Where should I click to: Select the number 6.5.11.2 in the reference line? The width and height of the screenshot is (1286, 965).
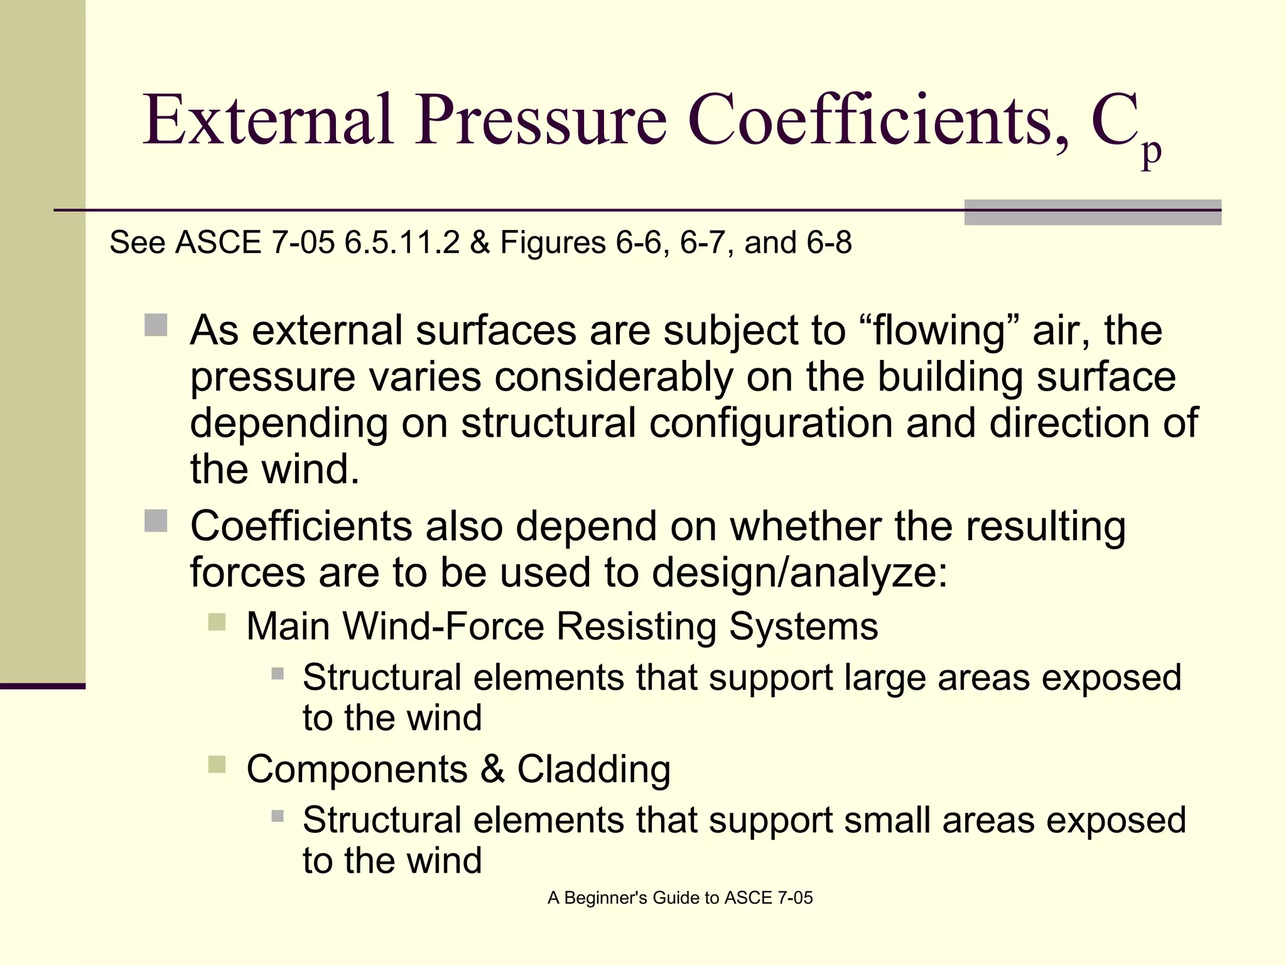402,243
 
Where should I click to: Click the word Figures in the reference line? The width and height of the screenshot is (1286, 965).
553,243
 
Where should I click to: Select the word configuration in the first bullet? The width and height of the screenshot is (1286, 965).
770,423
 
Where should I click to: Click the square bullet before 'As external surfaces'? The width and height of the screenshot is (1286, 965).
156,325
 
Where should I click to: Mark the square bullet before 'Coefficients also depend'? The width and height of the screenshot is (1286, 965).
156,521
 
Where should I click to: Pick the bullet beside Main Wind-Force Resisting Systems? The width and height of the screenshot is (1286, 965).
217,622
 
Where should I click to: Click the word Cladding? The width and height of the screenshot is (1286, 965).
593,770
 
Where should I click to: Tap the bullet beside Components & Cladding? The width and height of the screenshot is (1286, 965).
217,765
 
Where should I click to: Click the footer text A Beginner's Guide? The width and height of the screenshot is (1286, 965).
679,898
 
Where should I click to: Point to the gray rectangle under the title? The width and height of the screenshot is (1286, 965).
1093,212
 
